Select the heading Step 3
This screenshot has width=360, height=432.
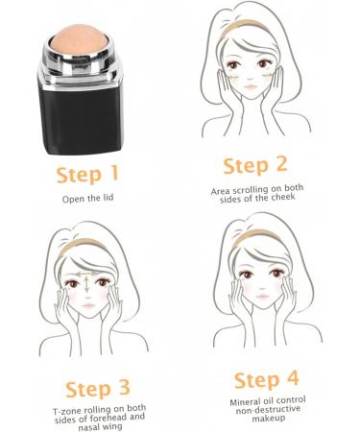tap(97, 389)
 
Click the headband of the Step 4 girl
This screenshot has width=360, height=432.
tap(255, 236)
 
